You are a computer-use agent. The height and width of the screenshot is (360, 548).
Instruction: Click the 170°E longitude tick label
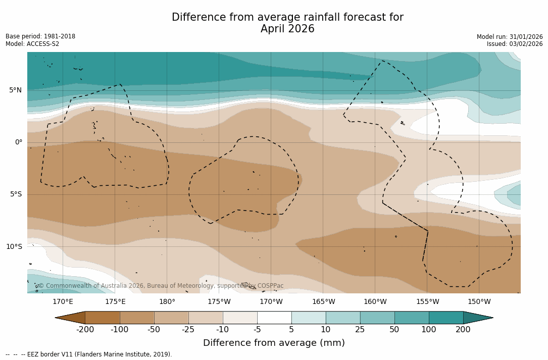(63, 302)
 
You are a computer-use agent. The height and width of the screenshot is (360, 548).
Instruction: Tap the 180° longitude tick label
(167, 302)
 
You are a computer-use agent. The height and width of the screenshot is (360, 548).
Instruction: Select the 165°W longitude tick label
(323, 302)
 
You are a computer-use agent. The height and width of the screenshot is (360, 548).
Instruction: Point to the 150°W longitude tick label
(479, 302)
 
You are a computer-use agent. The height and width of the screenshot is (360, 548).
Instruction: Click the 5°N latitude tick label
(15, 90)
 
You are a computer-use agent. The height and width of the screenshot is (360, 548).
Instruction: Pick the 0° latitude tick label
(19, 142)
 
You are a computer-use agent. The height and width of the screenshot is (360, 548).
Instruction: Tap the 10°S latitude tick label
(14, 247)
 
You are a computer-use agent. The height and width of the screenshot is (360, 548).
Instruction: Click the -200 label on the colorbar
(85, 330)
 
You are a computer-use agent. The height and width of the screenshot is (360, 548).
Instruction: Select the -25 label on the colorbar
(188, 330)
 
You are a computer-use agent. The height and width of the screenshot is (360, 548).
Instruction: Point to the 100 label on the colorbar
(429, 330)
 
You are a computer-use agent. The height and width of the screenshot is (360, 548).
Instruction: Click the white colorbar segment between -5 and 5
(274, 318)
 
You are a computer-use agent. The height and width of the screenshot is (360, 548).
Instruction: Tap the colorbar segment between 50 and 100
(412, 318)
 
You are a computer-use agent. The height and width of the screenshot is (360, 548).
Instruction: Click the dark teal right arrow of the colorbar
(477, 318)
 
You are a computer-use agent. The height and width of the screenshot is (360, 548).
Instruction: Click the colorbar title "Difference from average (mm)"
(274, 343)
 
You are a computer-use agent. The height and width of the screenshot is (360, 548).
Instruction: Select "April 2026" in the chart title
(287, 29)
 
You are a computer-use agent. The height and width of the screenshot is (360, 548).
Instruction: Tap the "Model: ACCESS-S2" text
(32, 44)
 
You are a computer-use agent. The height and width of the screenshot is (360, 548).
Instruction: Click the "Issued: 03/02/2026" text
(515, 44)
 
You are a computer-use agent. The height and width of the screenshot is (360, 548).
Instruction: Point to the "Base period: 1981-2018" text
(40, 36)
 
